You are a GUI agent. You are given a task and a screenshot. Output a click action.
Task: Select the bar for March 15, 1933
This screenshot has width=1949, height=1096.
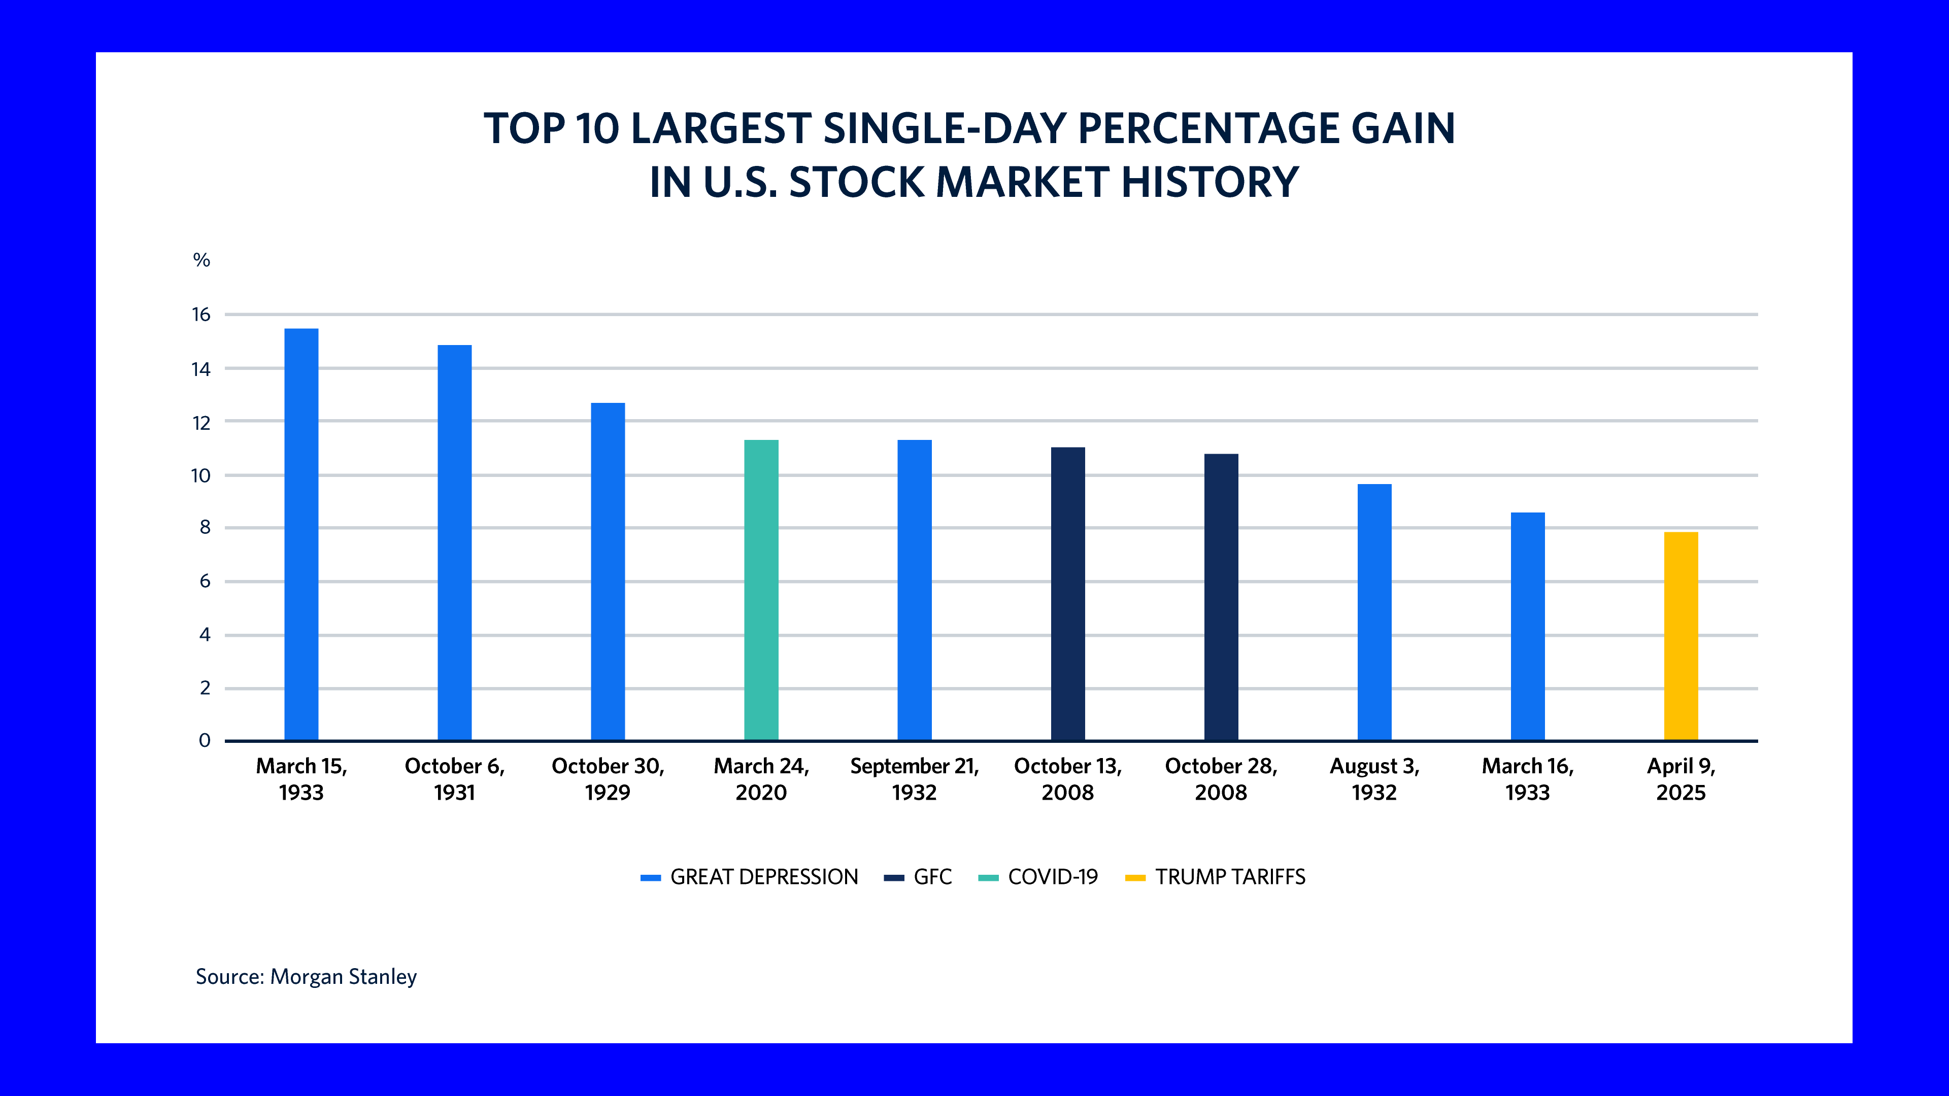pyautogui.click(x=301, y=534)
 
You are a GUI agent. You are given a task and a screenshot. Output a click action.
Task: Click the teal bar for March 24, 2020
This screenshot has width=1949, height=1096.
pyautogui.click(x=761, y=590)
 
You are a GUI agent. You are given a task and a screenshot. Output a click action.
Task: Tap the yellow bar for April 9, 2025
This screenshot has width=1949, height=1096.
pyautogui.click(x=1681, y=636)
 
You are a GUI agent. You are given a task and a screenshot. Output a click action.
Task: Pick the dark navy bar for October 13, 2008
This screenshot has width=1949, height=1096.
pyautogui.click(x=1067, y=594)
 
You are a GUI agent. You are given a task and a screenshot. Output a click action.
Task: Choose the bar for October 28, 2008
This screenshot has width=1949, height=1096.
pyautogui.click(x=1221, y=597)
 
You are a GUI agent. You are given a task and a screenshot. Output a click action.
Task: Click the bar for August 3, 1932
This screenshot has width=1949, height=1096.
pyautogui.click(x=1375, y=612)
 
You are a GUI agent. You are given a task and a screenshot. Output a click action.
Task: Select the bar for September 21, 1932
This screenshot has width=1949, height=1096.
pyautogui.click(x=915, y=590)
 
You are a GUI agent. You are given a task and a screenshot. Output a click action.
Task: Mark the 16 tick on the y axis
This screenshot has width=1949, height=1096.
pyautogui.click(x=201, y=315)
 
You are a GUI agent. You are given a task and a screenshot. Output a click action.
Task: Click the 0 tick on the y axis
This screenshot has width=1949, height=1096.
pyautogui.click(x=204, y=740)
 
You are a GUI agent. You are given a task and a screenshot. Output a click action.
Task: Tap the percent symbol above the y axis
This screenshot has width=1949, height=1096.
pyautogui.click(x=201, y=260)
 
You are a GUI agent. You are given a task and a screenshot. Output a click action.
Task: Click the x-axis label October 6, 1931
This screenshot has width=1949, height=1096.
pyautogui.click(x=455, y=779)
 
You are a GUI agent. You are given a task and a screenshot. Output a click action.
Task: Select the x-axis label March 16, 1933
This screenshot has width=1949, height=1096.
pyautogui.click(x=1528, y=779)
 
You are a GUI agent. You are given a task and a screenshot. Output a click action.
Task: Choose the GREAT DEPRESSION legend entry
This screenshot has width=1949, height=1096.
pyautogui.click(x=749, y=877)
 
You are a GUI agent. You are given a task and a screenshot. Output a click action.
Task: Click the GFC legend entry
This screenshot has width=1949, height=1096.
pyautogui.click(x=918, y=877)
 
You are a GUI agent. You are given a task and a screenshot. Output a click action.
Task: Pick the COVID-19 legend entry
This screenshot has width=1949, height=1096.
pyautogui.click(x=1038, y=877)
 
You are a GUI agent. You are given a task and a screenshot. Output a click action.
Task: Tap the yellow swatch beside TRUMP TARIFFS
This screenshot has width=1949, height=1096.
pyautogui.click(x=1135, y=877)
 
